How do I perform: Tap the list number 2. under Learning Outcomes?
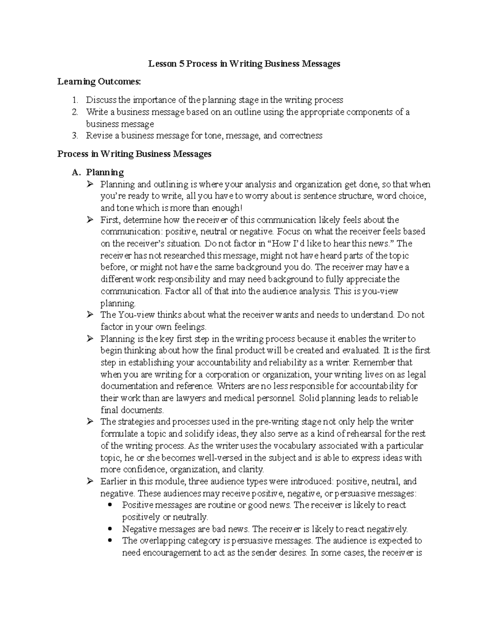tap(75, 112)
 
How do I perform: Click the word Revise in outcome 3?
tap(97, 136)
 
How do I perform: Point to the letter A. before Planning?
tap(75, 173)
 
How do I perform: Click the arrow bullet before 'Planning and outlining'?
tap(90, 184)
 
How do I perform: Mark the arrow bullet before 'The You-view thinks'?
tap(90, 315)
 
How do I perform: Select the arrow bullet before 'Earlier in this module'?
tap(90, 481)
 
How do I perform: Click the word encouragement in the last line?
tap(172, 553)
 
